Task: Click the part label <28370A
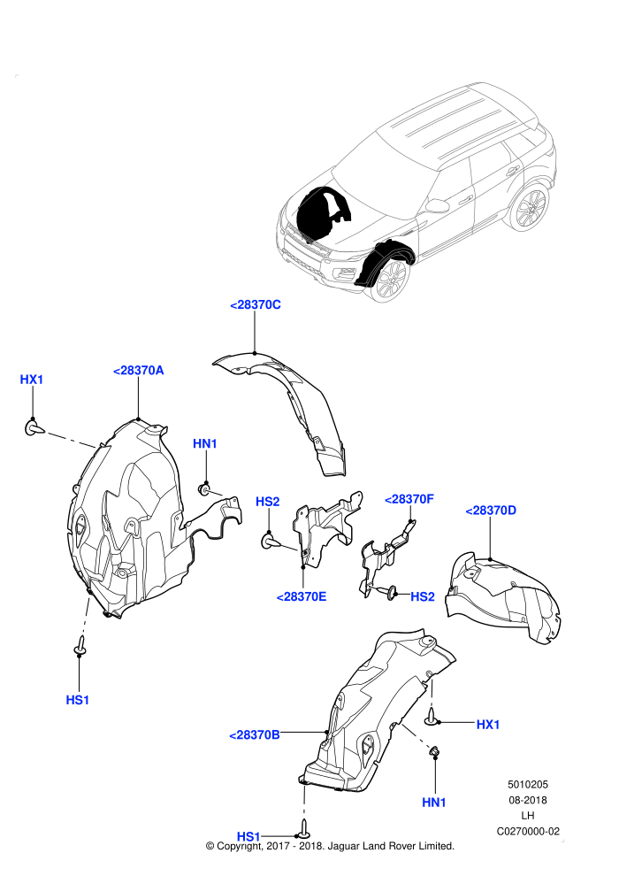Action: (x=138, y=371)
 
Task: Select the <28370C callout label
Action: (x=255, y=304)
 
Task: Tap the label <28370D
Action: (x=491, y=510)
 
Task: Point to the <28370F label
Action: (x=409, y=499)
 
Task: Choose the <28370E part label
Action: (x=302, y=596)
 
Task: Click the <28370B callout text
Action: (x=255, y=734)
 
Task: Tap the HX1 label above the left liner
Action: (x=31, y=380)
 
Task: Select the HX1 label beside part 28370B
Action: (x=488, y=724)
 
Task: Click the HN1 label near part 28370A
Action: (x=205, y=443)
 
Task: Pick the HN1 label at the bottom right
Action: (x=434, y=803)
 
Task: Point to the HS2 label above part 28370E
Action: (x=267, y=502)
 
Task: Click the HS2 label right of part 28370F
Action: (x=423, y=596)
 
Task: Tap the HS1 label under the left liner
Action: (x=78, y=700)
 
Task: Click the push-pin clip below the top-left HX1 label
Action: (x=34, y=428)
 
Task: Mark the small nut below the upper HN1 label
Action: (x=205, y=490)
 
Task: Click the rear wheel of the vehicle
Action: (x=528, y=207)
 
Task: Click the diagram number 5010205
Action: (x=527, y=784)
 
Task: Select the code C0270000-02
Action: (x=528, y=831)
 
